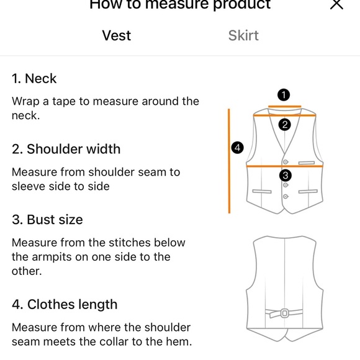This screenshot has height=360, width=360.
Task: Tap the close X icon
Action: pos(336,4)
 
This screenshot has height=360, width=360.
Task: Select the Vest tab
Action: pos(117,35)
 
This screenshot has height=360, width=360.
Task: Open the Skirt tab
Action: pos(243,35)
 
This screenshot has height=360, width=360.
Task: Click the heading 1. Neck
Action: pos(34,79)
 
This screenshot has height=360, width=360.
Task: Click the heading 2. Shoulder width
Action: pos(66,149)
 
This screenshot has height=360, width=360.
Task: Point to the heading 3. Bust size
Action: pos(47,220)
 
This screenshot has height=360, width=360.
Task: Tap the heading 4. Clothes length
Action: pos(65,304)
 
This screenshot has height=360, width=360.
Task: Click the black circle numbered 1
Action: pos(284,95)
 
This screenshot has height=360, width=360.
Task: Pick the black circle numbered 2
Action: pos(285,125)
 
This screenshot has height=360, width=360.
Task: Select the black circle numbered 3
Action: pos(286,176)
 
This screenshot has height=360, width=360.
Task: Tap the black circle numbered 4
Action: pos(237,148)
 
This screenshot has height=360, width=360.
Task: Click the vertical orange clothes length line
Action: pos(229,161)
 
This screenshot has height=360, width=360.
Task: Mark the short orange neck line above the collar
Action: pos(285,106)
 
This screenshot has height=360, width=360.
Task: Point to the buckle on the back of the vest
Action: pos(285,313)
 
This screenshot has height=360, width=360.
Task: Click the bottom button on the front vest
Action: pos(286,197)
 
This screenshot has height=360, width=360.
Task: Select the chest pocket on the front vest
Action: pos(307,163)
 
